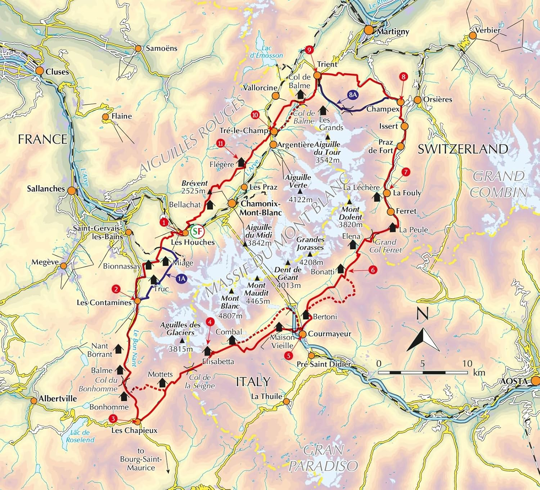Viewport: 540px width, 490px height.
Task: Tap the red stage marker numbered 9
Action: (x=309, y=50)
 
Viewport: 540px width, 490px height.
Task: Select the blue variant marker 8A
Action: (x=353, y=95)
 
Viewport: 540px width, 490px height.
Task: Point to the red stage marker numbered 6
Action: (x=372, y=270)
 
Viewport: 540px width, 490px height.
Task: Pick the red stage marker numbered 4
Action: (x=210, y=322)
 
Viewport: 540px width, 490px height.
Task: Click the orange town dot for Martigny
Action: (x=369, y=31)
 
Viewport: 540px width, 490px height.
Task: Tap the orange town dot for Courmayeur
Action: (x=302, y=334)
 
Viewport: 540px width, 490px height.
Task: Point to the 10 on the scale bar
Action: (x=467, y=363)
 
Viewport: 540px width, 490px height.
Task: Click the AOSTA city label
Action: (x=514, y=381)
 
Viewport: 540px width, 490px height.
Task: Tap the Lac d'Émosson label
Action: (x=266, y=52)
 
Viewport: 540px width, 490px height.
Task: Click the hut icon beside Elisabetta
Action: (x=207, y=351)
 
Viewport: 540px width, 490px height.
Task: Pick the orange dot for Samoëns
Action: (x=138, y=49)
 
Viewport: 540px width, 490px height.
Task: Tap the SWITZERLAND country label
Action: (x=463, y=149)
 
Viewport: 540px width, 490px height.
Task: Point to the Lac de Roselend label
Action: (x=80, y=436)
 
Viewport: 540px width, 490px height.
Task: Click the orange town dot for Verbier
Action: (x=472, y=36)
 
